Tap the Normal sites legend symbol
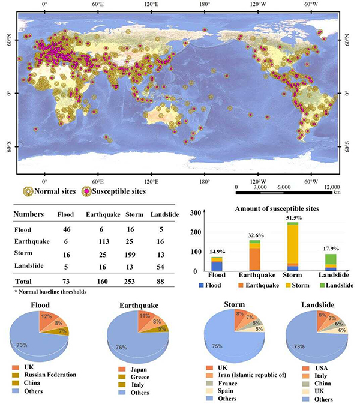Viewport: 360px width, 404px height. (28, 192)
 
